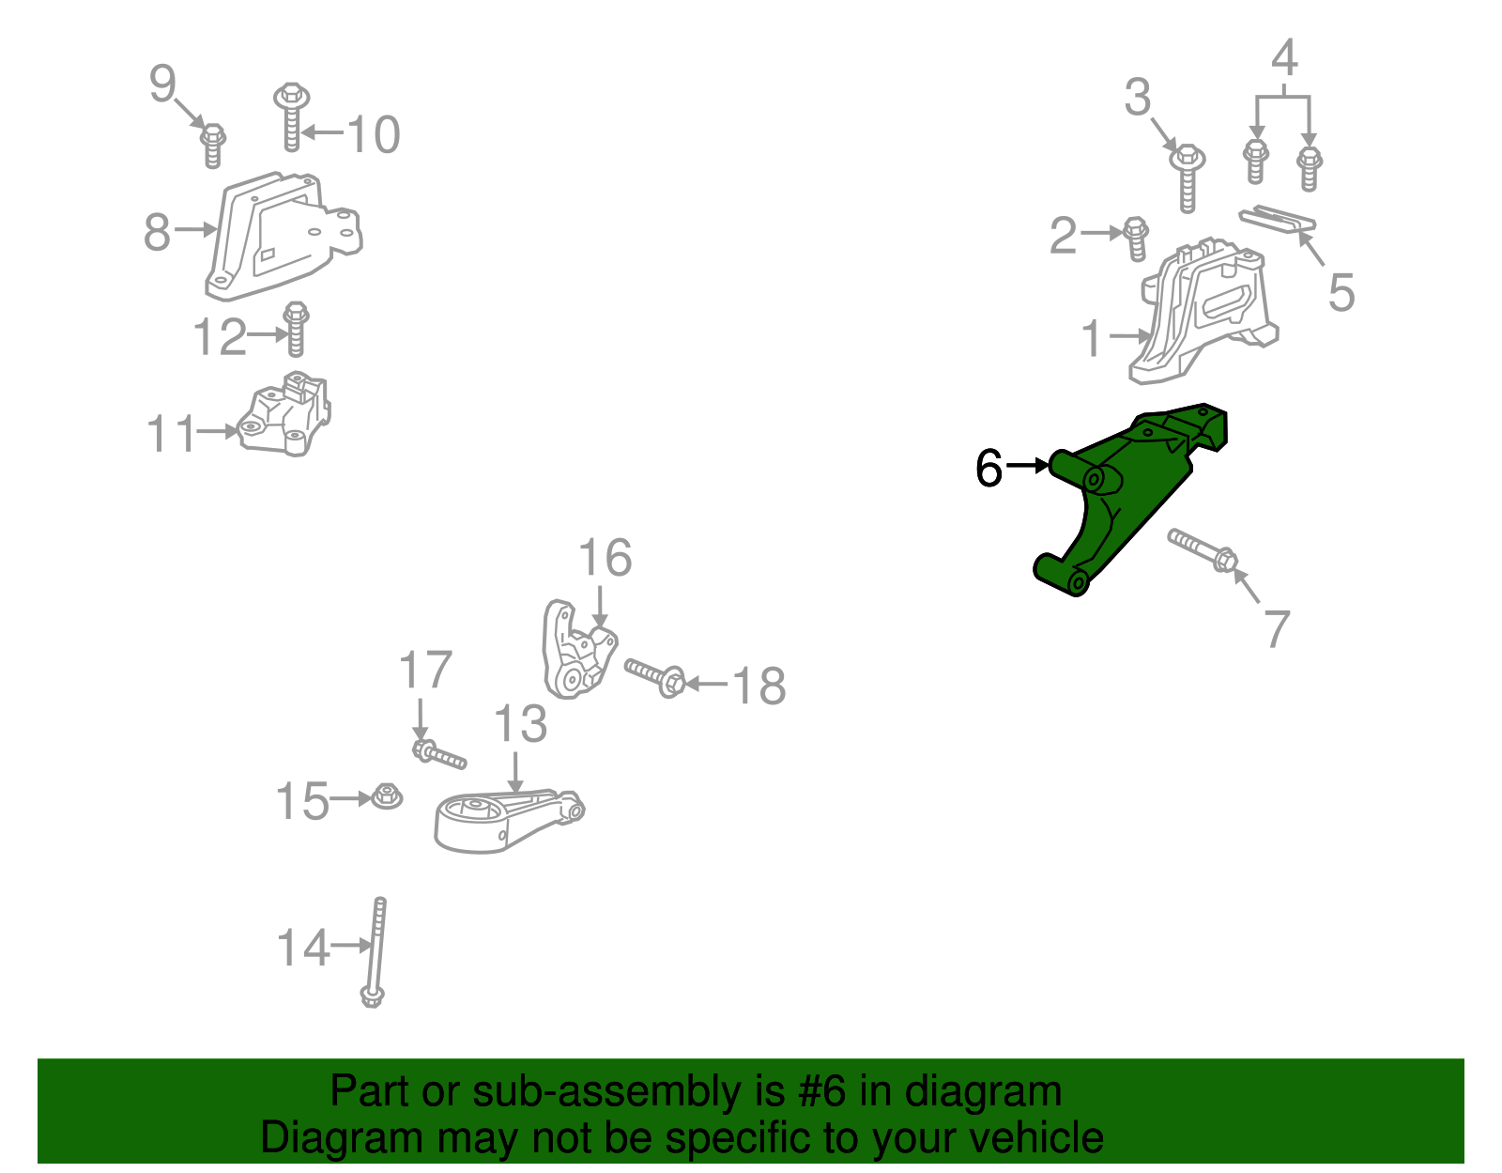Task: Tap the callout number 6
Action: point(989,468)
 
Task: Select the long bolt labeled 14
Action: point(375,951)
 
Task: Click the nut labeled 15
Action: point(387,796)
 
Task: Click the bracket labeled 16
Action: point(578,649)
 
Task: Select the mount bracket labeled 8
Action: point(284,237)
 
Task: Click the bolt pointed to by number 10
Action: point(292,116)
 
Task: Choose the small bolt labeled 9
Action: point(213,146)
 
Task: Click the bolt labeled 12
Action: point(296,329)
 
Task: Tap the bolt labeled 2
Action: point(1137,239)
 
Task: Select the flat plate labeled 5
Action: point(1278,219)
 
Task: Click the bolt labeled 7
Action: point(1203,550)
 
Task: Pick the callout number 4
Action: point(1284,57)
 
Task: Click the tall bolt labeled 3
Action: point(1188,178)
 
